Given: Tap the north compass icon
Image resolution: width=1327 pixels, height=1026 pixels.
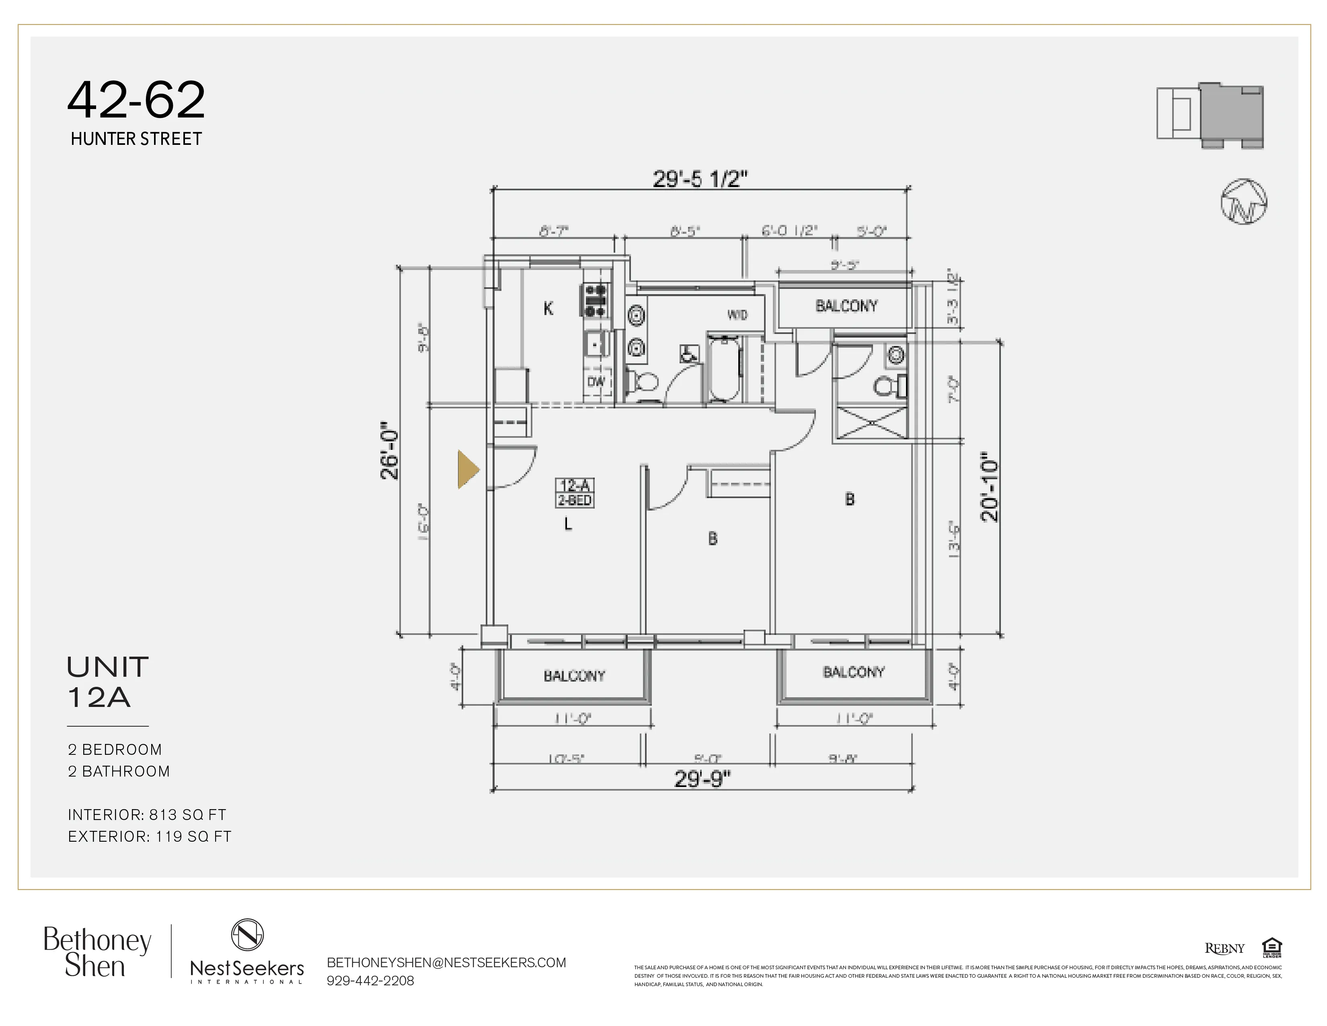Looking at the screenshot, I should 1244,202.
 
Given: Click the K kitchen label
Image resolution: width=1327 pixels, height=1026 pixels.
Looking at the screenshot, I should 548,309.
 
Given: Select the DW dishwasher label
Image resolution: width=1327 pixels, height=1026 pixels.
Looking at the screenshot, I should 596,382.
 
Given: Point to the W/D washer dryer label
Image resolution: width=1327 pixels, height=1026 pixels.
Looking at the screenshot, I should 737,315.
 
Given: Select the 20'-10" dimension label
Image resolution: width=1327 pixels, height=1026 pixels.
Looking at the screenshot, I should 989,486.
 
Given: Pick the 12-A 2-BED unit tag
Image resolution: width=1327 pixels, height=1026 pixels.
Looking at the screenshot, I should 575,493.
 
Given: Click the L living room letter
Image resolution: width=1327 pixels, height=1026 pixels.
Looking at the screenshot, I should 568,524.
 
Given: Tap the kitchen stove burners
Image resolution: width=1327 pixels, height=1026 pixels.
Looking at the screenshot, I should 596,301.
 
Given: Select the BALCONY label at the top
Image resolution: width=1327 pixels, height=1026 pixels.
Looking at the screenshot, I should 846,306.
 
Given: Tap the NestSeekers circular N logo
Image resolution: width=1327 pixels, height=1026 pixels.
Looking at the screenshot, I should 247,934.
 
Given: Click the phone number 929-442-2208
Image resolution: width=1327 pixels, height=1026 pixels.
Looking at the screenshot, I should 370,981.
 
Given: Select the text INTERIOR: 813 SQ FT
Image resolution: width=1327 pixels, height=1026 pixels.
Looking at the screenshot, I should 147,814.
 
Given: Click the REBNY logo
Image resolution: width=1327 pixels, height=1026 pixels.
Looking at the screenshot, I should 1224,948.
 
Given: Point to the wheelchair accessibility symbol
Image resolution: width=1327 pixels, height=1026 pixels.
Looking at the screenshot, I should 688,354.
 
